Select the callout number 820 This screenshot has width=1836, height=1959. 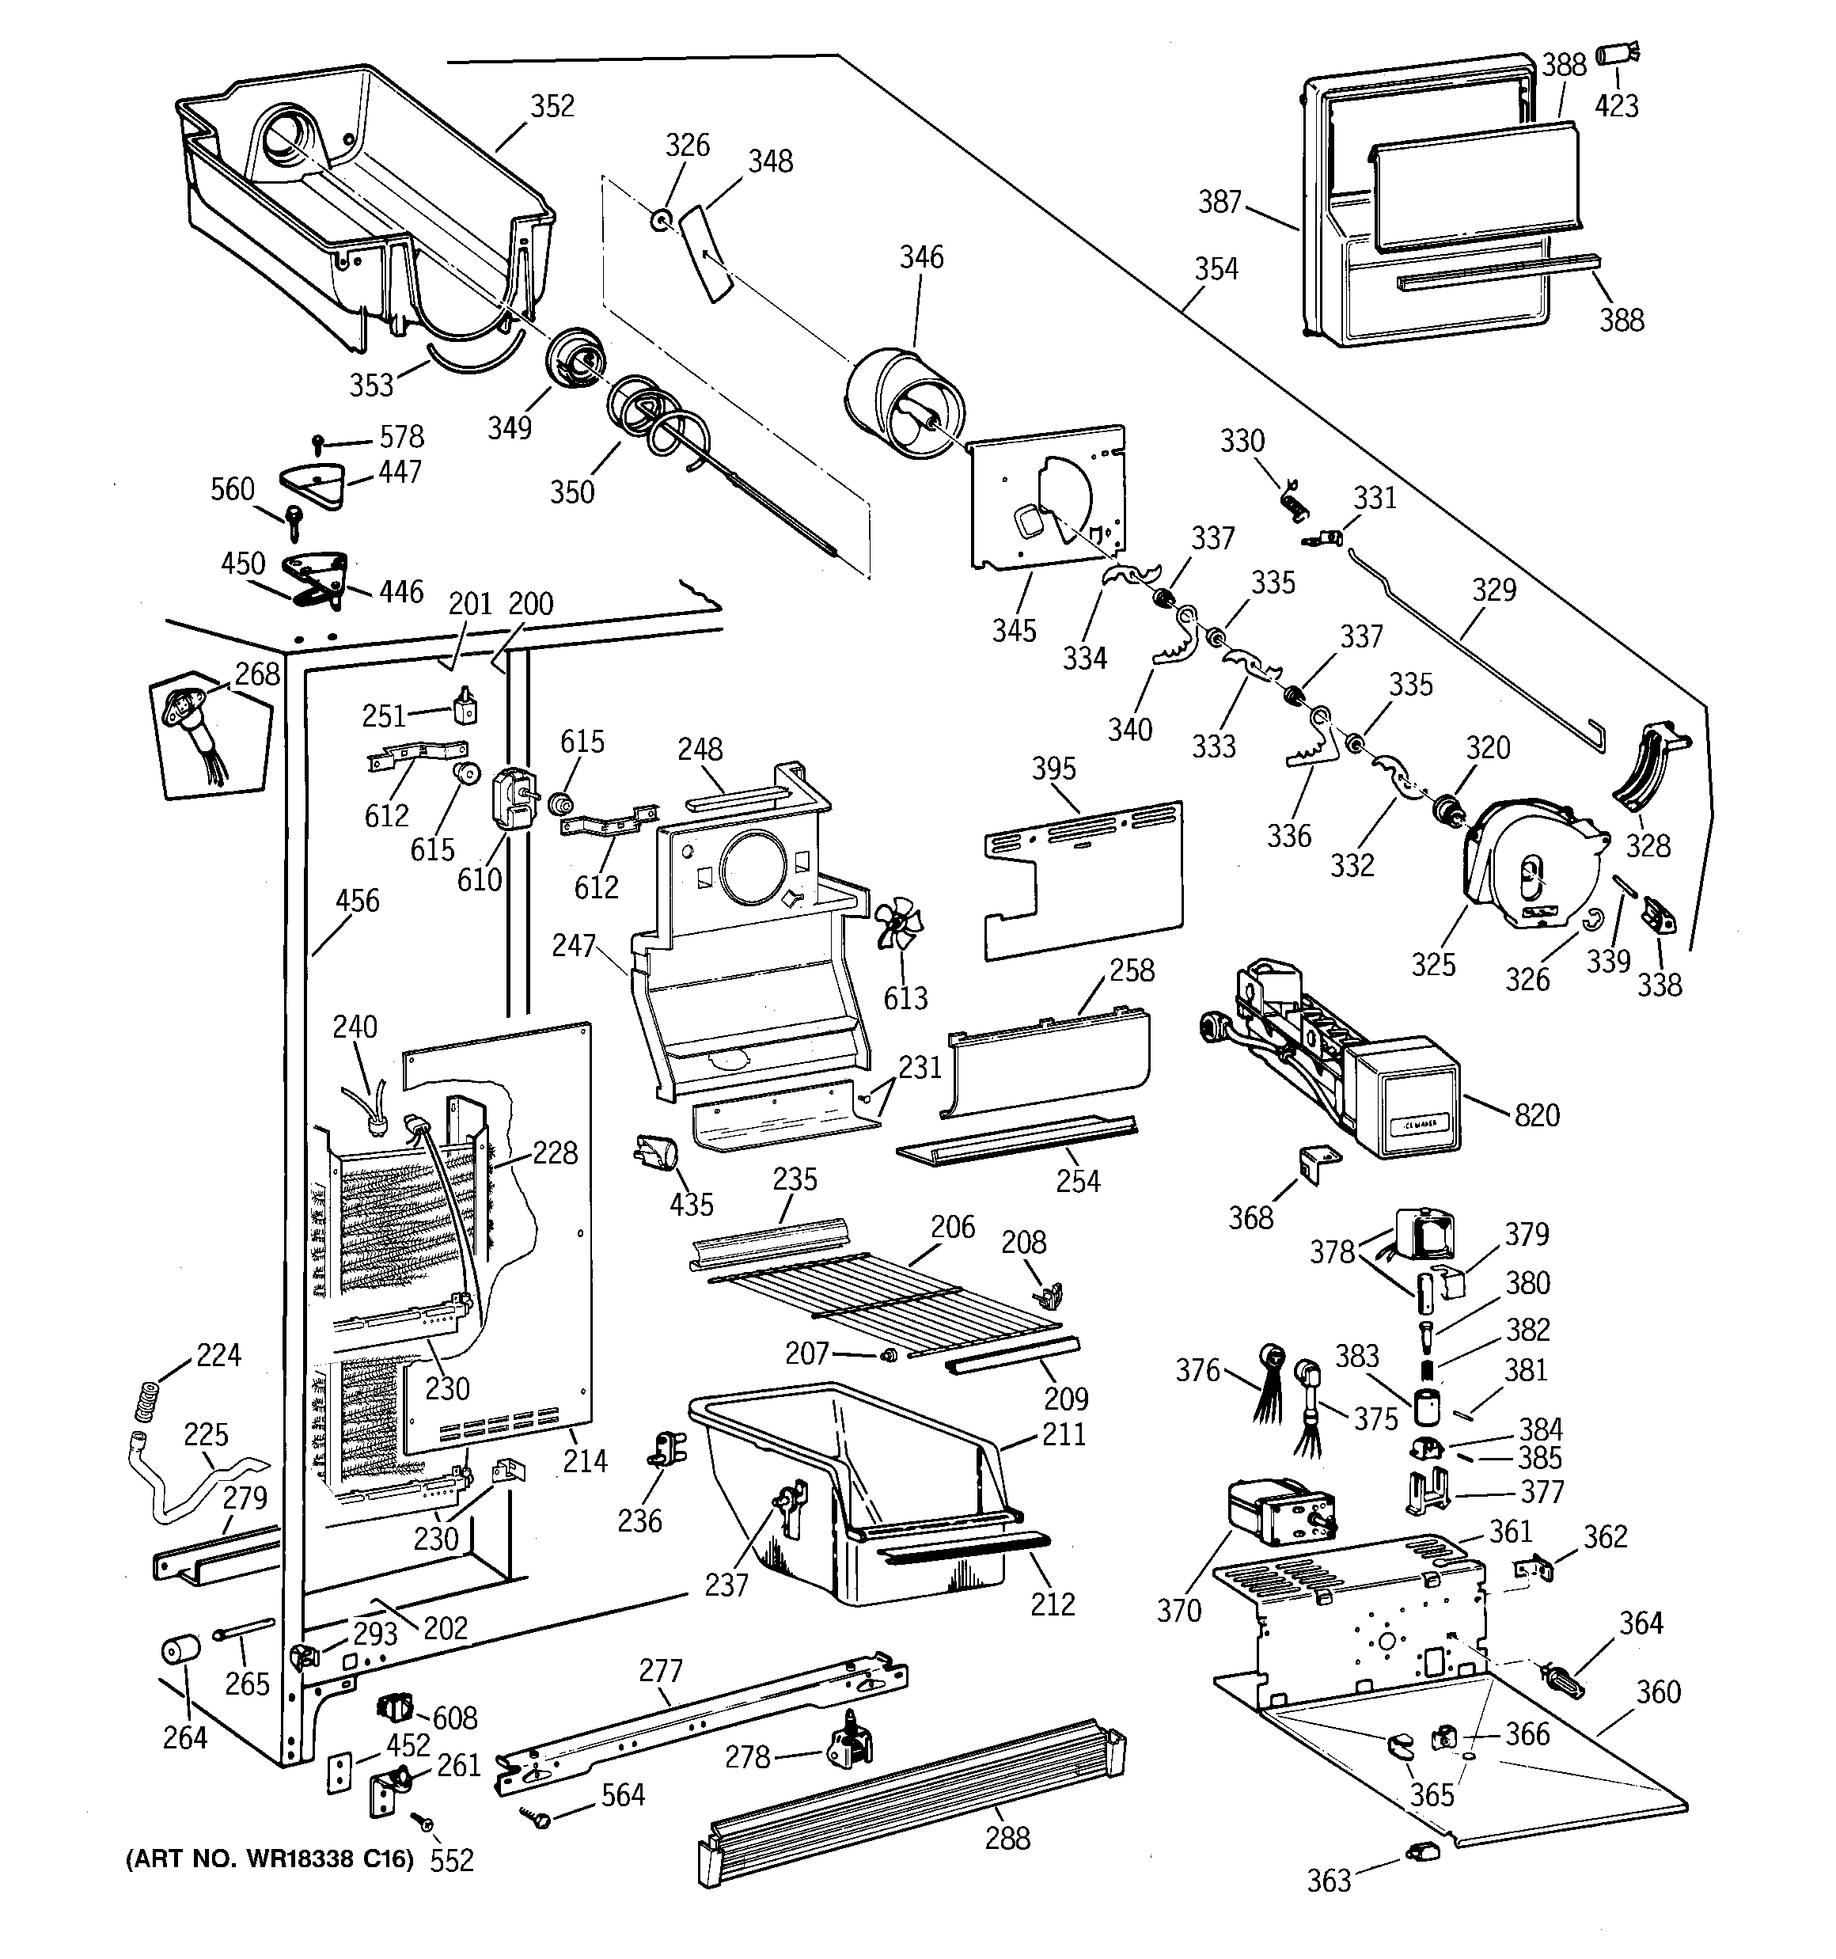1536,1115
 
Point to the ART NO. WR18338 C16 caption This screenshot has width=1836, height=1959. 269,1859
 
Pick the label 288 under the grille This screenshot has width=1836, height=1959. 1007,1838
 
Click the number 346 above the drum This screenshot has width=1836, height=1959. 921,257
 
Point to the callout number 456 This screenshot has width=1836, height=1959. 357,901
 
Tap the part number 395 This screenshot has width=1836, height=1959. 1053,769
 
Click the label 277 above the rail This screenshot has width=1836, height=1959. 660,1671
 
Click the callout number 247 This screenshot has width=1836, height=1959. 574,946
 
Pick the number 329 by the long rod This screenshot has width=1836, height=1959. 1494,590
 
